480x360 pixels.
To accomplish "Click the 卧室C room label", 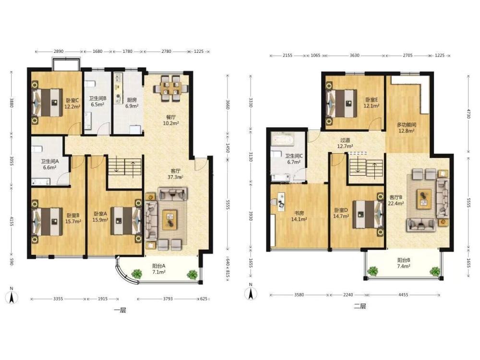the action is pyautogui.click(x=72, y=100).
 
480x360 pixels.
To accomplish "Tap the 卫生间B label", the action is pyautogui.click(x=97, y=98).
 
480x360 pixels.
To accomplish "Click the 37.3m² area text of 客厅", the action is pyautogui.click(x=175, y=177).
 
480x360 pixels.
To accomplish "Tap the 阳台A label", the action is pyautogui.click(x=159, y=266).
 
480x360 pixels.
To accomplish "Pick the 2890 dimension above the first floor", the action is pyautogui.click(x=59, y=51).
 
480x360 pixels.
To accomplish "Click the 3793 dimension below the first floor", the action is pyautogui.click(x=168, y=299).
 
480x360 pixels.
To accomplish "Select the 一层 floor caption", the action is pyautogui.click(x=120, y=311).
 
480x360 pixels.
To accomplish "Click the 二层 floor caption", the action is pyautogui.click(x=360, y=306).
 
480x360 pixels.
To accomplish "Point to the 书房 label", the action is pyautogui.click(x=299, y=213).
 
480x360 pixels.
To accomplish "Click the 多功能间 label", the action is pyautogui.click(x=407, y=125).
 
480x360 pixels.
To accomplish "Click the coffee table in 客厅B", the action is pyautogui.click(x=424, y=199).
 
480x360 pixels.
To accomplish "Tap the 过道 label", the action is pyautogui.click(x=345, y=140).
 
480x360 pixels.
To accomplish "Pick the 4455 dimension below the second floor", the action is pyautogui.click(x=403, y=295).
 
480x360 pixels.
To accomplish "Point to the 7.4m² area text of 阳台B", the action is pyautogui.click(x=404, y=266).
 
